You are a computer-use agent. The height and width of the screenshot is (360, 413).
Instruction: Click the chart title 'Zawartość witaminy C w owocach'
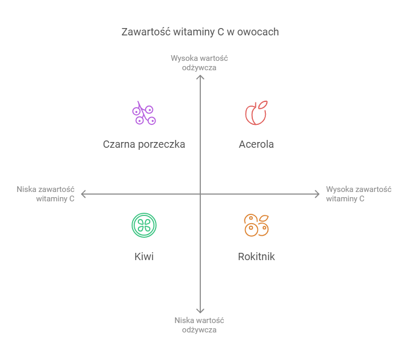[x=200, y=32]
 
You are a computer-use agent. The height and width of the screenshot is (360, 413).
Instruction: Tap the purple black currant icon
[x=144, y=113]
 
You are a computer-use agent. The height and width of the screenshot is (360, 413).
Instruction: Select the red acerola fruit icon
[x=255, y=113]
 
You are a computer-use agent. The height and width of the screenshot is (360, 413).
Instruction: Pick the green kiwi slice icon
[x=144, y=225]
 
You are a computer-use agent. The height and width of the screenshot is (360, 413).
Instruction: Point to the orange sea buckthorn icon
[x=256, y=225]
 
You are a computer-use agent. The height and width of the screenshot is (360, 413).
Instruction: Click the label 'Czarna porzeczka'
[x=144, y=144]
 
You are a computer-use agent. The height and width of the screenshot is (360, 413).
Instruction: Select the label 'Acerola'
[x=256, y=144]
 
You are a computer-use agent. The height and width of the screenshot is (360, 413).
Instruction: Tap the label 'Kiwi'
[x=144, y=256]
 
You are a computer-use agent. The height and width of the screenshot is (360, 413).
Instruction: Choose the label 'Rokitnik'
[x=256, y=256]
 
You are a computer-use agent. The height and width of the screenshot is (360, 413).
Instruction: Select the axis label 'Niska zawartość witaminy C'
[x=46, y=194]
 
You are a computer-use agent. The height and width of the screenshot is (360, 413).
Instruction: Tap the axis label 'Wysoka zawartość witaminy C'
[x=358, y=194]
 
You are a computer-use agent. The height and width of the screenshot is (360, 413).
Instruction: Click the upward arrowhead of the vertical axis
[x=200, y=77]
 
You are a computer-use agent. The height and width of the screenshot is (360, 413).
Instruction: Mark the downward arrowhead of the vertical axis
[x=200, y=311]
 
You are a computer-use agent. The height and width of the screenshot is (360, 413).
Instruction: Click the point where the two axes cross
[x=200, y=194]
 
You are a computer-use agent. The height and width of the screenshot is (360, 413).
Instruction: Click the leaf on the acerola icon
[x=263, y=104]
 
